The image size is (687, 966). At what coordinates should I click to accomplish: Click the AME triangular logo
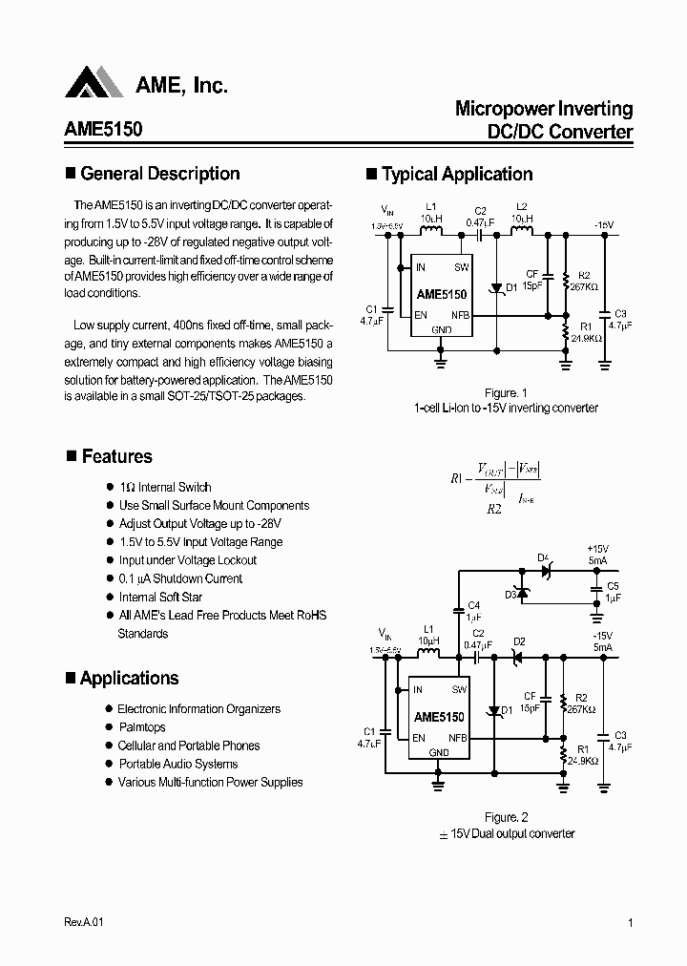(94, 84)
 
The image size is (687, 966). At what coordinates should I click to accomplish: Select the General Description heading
(159, 174)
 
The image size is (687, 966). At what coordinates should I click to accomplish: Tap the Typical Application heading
(456, 175)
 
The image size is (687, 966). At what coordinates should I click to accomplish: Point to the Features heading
(116, 457)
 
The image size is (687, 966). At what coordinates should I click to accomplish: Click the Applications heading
(129, 679)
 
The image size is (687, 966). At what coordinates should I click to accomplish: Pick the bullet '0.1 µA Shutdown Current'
(180, 578)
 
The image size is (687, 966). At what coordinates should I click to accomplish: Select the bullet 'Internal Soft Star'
(160, 597)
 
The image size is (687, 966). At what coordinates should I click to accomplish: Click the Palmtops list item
(142, 727)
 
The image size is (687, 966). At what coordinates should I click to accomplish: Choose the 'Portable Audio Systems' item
(178, 764)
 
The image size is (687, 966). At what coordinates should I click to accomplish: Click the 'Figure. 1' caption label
(506, 392)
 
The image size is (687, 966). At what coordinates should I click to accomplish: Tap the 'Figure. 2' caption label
(506, 817)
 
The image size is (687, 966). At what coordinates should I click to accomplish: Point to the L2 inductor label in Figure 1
(521, 207)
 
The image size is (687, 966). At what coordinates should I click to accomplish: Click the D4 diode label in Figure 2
(543, 557)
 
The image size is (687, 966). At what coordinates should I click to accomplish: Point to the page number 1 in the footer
(632, 923)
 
